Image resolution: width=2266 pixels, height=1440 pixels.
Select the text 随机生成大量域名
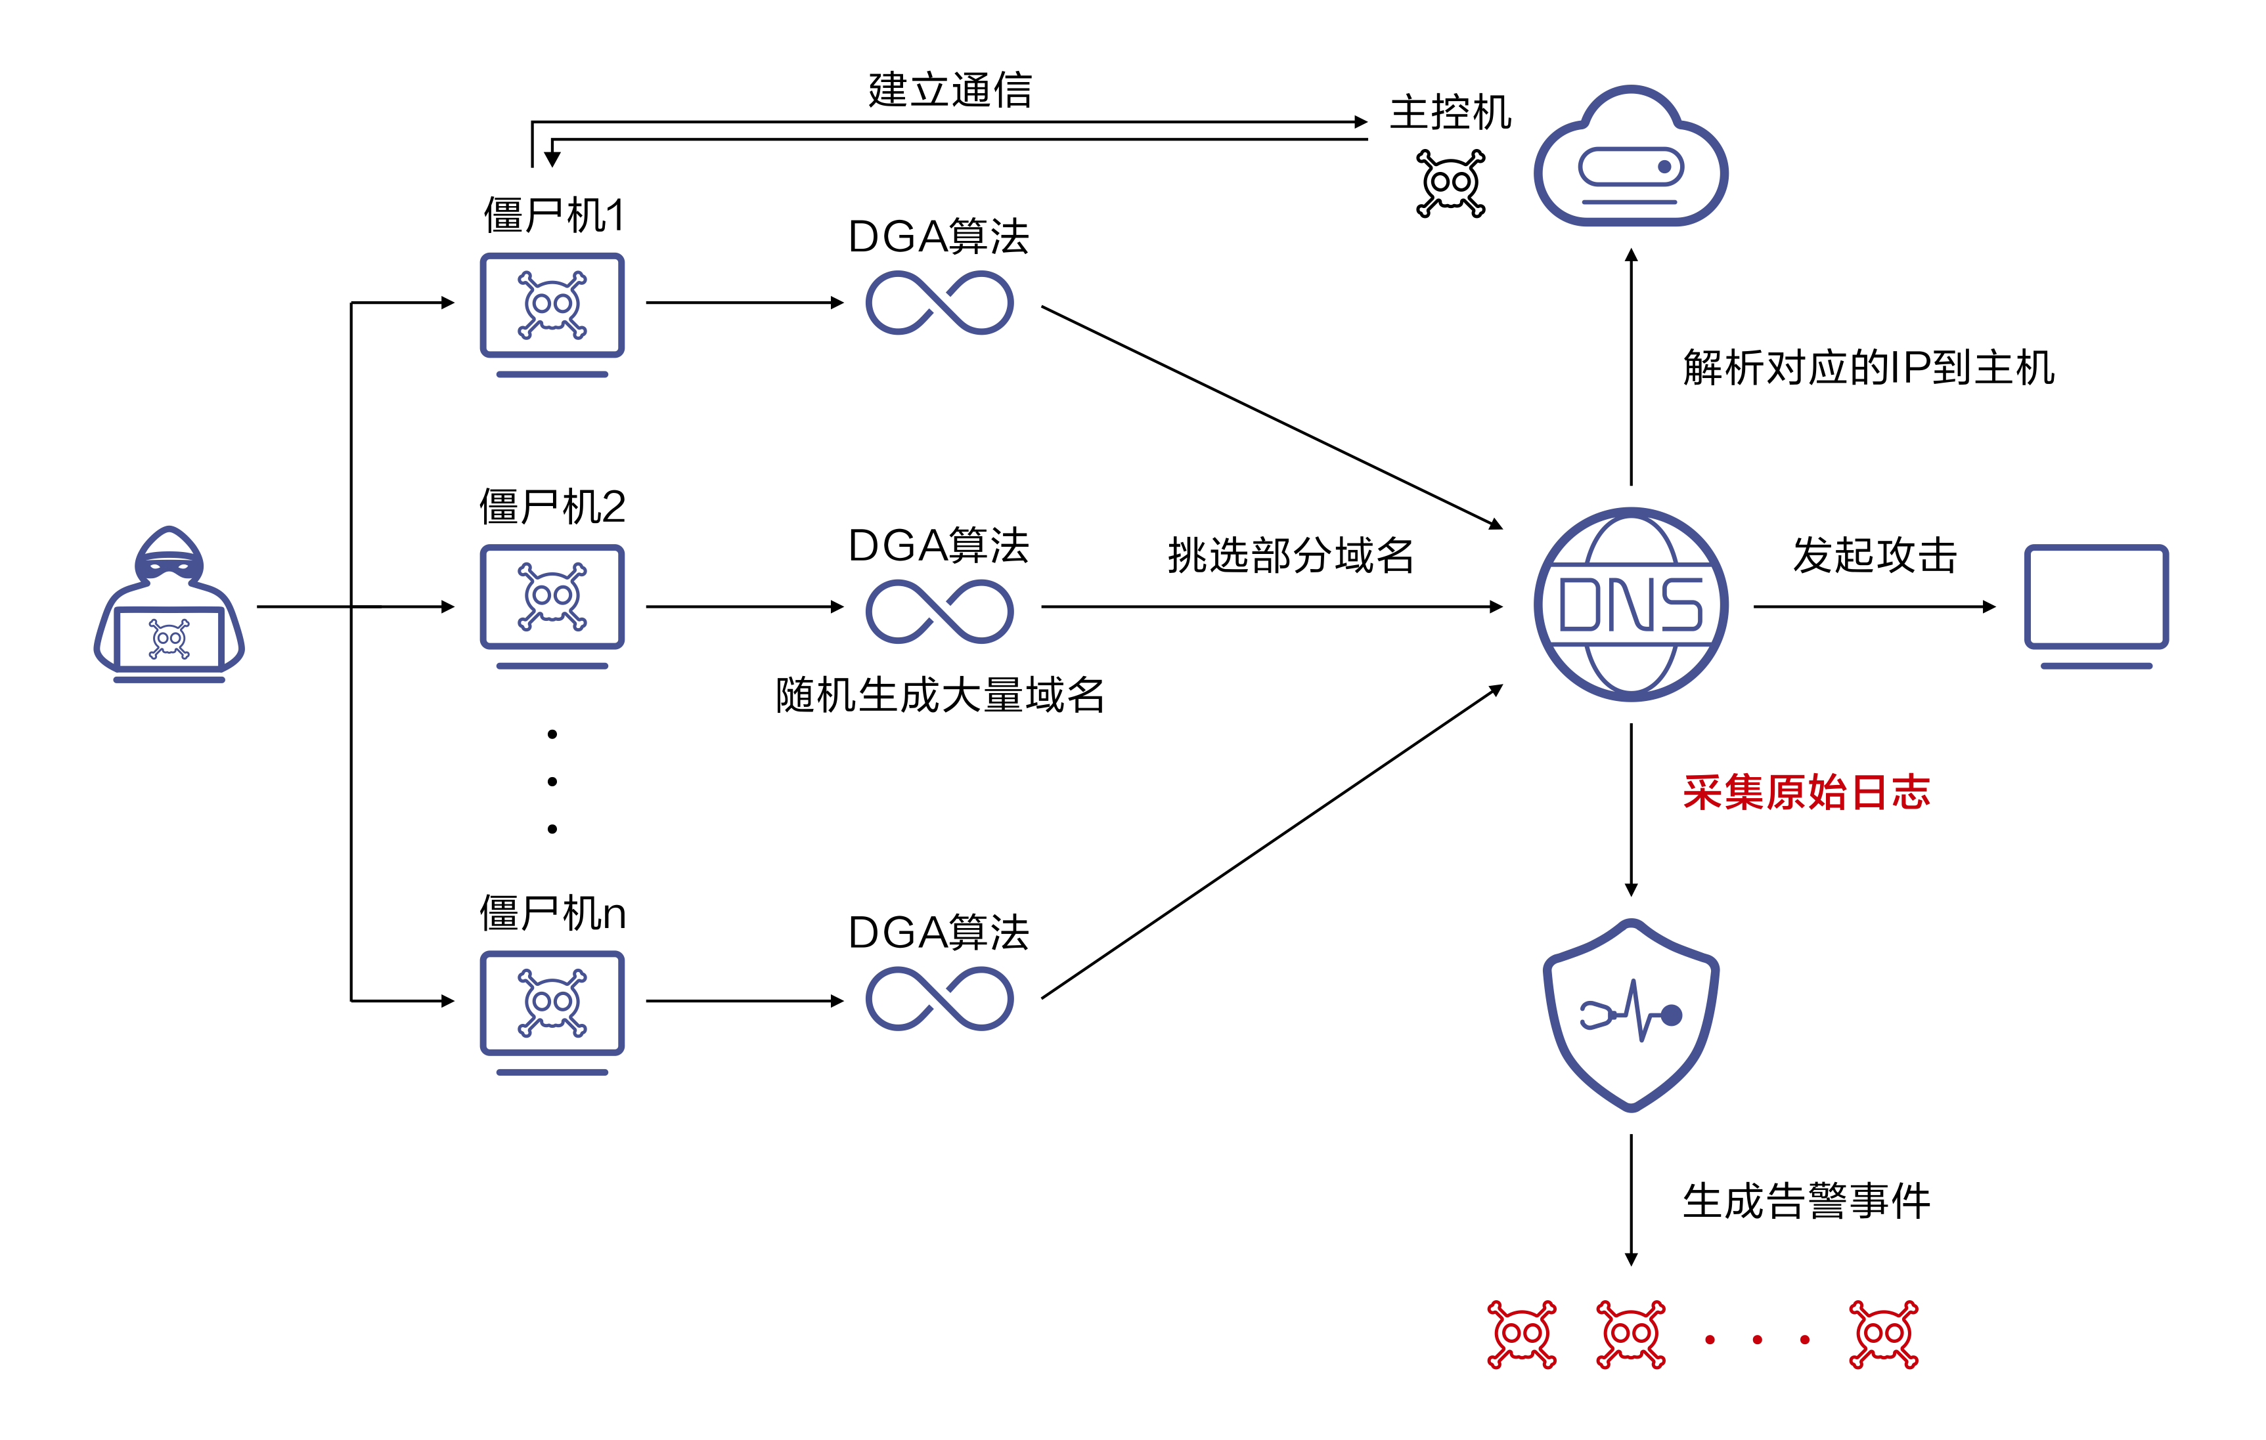[x=939, y=695]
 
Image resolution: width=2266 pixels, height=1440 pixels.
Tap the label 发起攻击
[x=1874, y=555]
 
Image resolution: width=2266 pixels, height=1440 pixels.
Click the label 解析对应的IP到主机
[x=1868, y=367]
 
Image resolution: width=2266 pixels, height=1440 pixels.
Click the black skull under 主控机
[x=1450, y=183]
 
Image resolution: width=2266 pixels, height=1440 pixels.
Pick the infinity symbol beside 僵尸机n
[x=939, y=1000]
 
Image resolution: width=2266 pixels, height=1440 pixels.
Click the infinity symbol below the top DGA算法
[x=939, y=303]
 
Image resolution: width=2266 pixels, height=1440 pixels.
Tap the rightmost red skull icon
[x=1883, y=1334]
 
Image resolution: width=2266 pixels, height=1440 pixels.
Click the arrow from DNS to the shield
[x=1631, y=809]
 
